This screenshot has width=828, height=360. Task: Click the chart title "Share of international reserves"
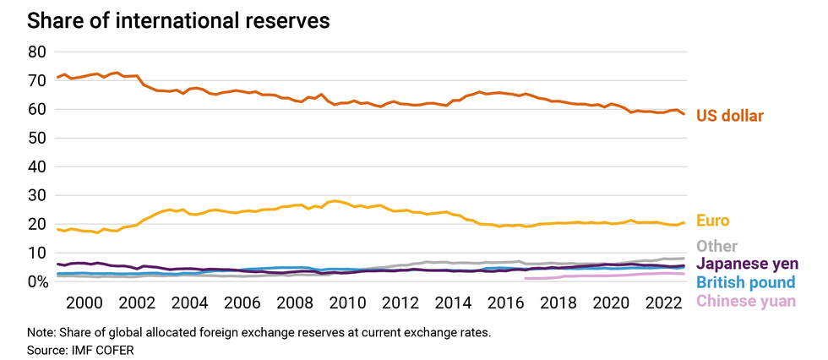click(178, 21)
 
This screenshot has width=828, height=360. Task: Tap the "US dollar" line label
click(730, 116)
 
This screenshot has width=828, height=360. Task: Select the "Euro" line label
click(713, 220)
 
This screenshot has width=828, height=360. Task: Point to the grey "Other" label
click(717, 245)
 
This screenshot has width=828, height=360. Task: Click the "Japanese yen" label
click(747, 264)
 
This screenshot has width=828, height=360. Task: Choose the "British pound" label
click(745, 282)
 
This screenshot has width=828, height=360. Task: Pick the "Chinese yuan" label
click(745, 301)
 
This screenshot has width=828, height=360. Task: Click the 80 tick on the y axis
click(36, 52)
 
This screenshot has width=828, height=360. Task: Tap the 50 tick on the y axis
click(36, 138)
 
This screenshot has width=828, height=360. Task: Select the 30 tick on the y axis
click(36, 195)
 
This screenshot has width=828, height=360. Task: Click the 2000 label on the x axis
click(85, 303)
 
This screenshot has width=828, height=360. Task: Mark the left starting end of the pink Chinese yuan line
click(526, 278)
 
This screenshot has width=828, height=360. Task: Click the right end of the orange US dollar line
click(684, 113)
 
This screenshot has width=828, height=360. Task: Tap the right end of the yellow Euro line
click(684, 223)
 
